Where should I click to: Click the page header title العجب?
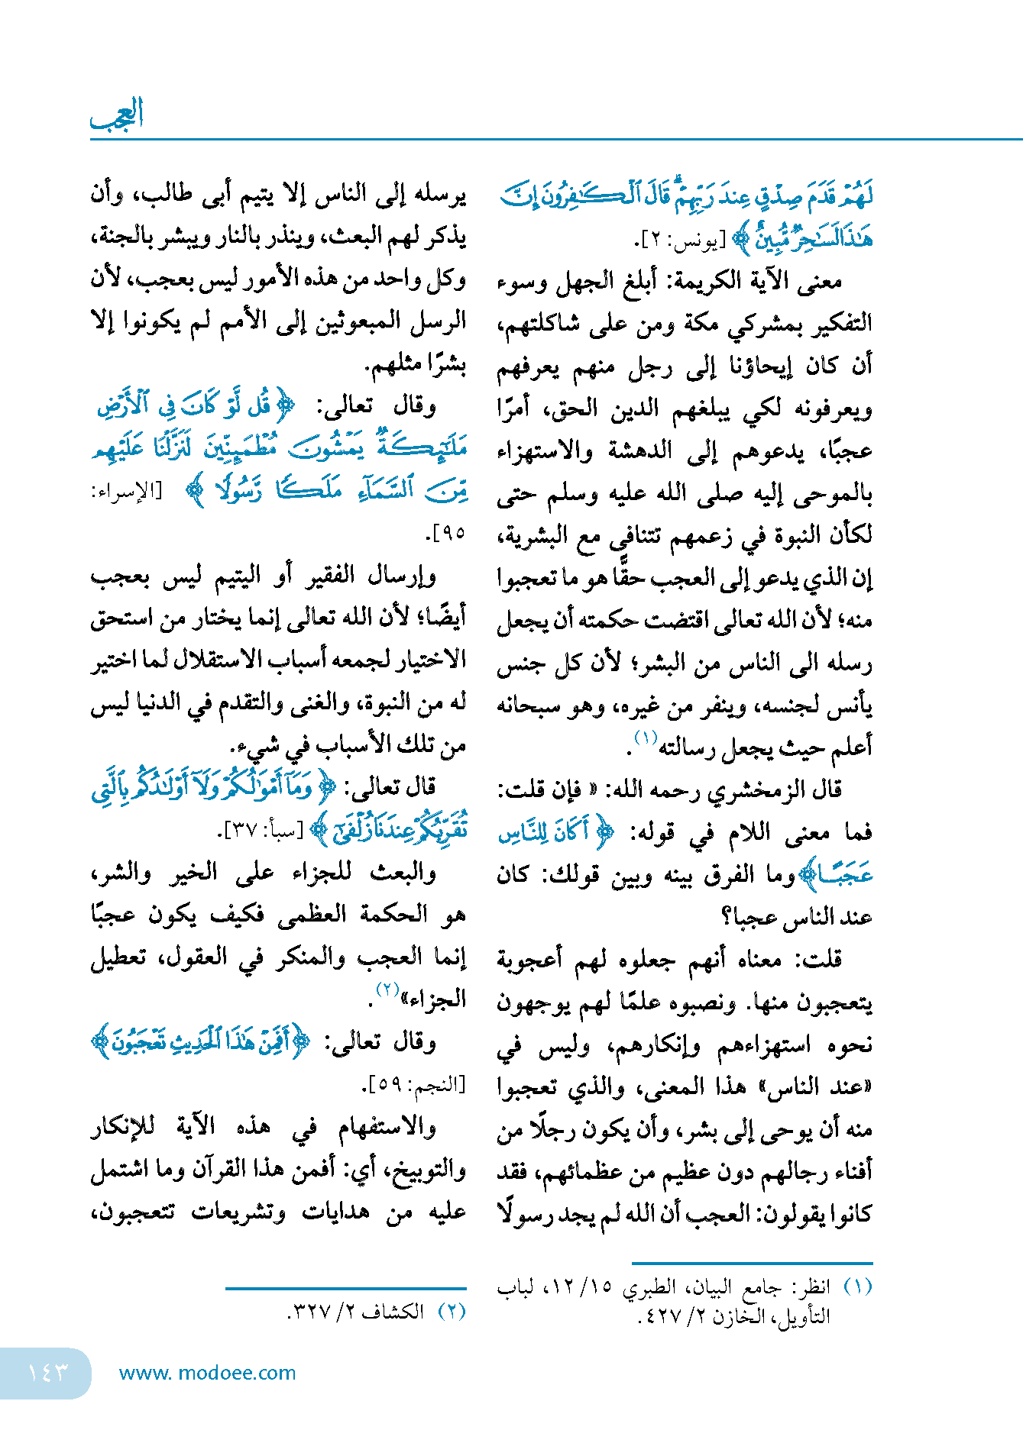(117, 115)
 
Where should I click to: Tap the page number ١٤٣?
(47, 1373)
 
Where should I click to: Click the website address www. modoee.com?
(207, 1373)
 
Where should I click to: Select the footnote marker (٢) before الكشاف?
(452, 1312)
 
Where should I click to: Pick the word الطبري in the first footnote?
(649, 1286)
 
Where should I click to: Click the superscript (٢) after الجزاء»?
(389, 990)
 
